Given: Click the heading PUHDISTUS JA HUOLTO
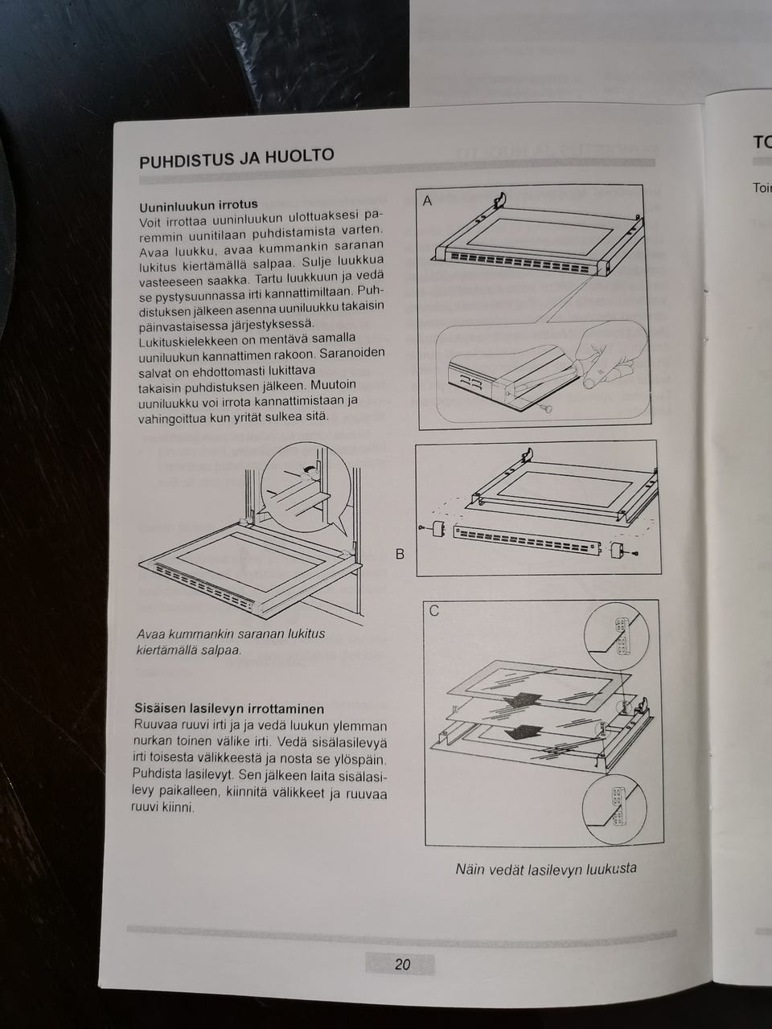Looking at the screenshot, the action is click(236, 158).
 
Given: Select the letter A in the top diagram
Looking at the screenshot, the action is click(427, 201).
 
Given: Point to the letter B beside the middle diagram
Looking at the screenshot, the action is click(400, 554).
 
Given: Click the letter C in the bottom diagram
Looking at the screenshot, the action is click(434, 611).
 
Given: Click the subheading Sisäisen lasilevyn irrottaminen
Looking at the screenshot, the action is click(229, 708).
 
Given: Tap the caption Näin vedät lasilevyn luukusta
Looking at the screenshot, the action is click(546, 869).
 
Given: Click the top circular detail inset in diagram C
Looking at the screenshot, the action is click(617, 636).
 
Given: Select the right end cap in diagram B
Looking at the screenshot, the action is click(617, 551).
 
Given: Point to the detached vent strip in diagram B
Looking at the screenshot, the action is click(528, 539).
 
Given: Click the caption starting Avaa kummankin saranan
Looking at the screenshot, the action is click(231, 642).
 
